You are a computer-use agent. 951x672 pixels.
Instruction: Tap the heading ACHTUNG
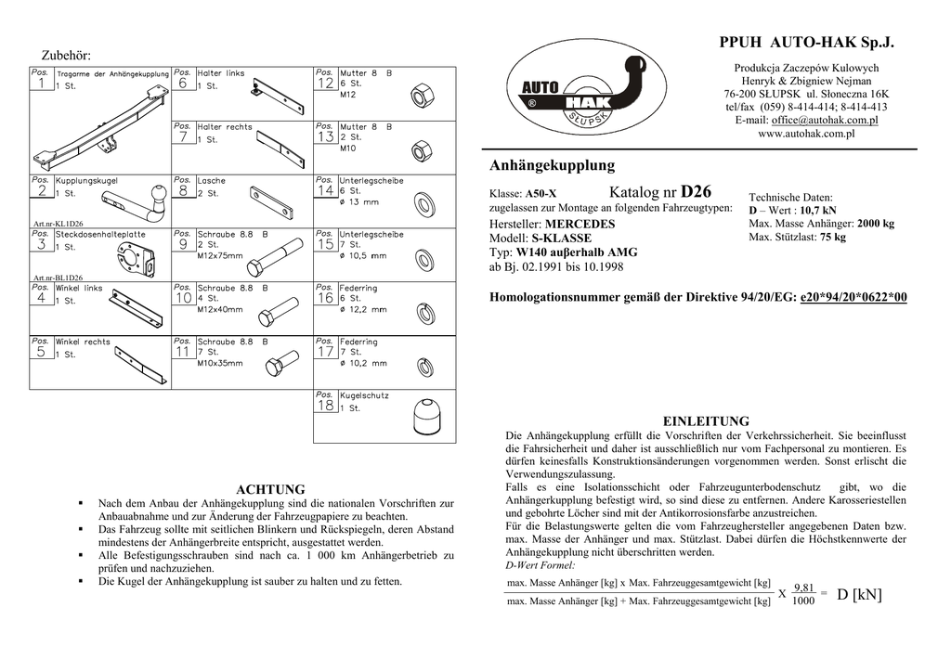point(271,489)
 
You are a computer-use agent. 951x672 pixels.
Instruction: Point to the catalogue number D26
point(697,192)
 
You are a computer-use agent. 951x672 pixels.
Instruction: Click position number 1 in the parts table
point(41,84)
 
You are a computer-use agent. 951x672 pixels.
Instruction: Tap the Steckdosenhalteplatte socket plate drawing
point(144,255)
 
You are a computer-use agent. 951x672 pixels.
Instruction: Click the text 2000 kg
point(875,224)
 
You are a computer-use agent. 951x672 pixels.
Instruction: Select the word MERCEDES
point(580,225)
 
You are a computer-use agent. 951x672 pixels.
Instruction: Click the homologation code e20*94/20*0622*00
point(853,297)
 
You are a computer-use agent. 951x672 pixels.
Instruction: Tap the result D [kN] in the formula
point(859,594)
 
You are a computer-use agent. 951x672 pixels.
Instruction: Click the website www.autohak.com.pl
point(806,134)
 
